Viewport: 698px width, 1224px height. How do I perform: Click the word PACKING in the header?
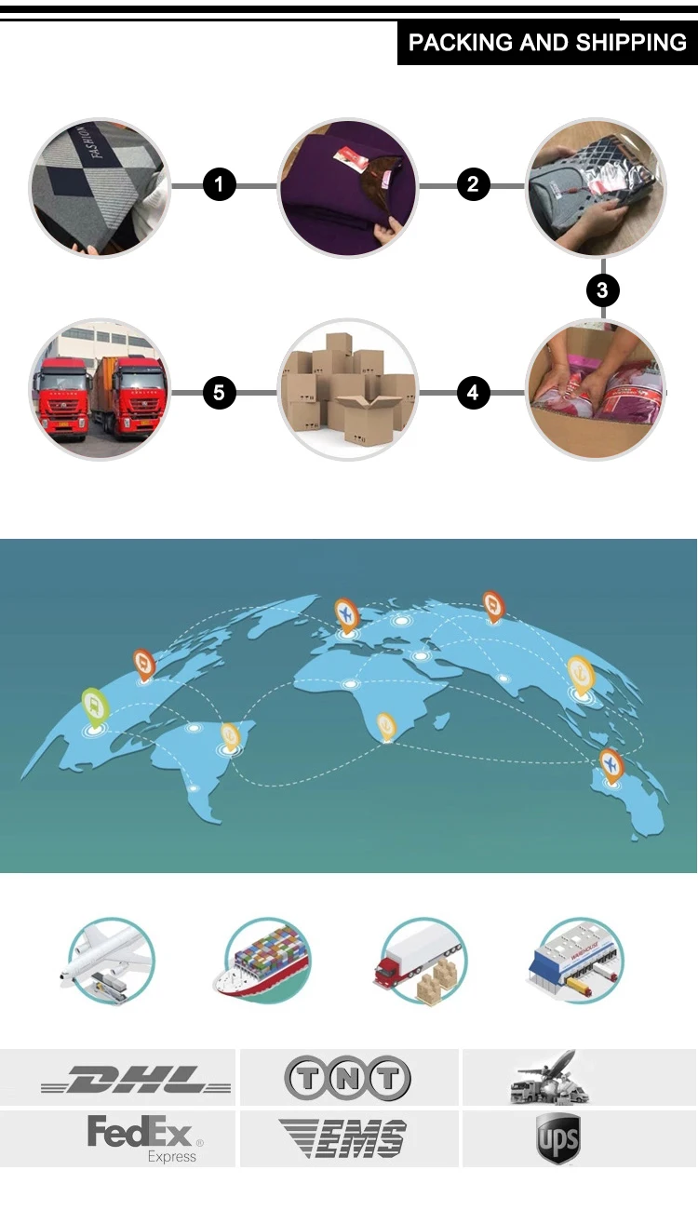(453, 43)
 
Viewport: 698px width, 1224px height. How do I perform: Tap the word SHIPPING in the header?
(631, 43)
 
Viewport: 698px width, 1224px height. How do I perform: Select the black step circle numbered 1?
(219, 185)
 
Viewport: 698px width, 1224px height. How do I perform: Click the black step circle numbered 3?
(602, 290)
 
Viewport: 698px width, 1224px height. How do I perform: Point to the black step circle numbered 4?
(473, 393)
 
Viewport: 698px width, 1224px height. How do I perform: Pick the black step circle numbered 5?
(219, 393)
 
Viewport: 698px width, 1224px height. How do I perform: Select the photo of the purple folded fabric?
(348, 187)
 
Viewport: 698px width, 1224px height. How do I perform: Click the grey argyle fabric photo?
(100, 187)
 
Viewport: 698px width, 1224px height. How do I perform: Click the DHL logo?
(136, 1081)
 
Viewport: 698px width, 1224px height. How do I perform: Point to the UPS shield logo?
(557, 1138)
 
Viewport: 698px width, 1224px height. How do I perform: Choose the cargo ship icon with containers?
(265, 961)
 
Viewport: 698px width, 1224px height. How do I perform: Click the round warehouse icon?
(576, 961)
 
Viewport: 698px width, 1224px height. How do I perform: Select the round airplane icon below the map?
(110, 961)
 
